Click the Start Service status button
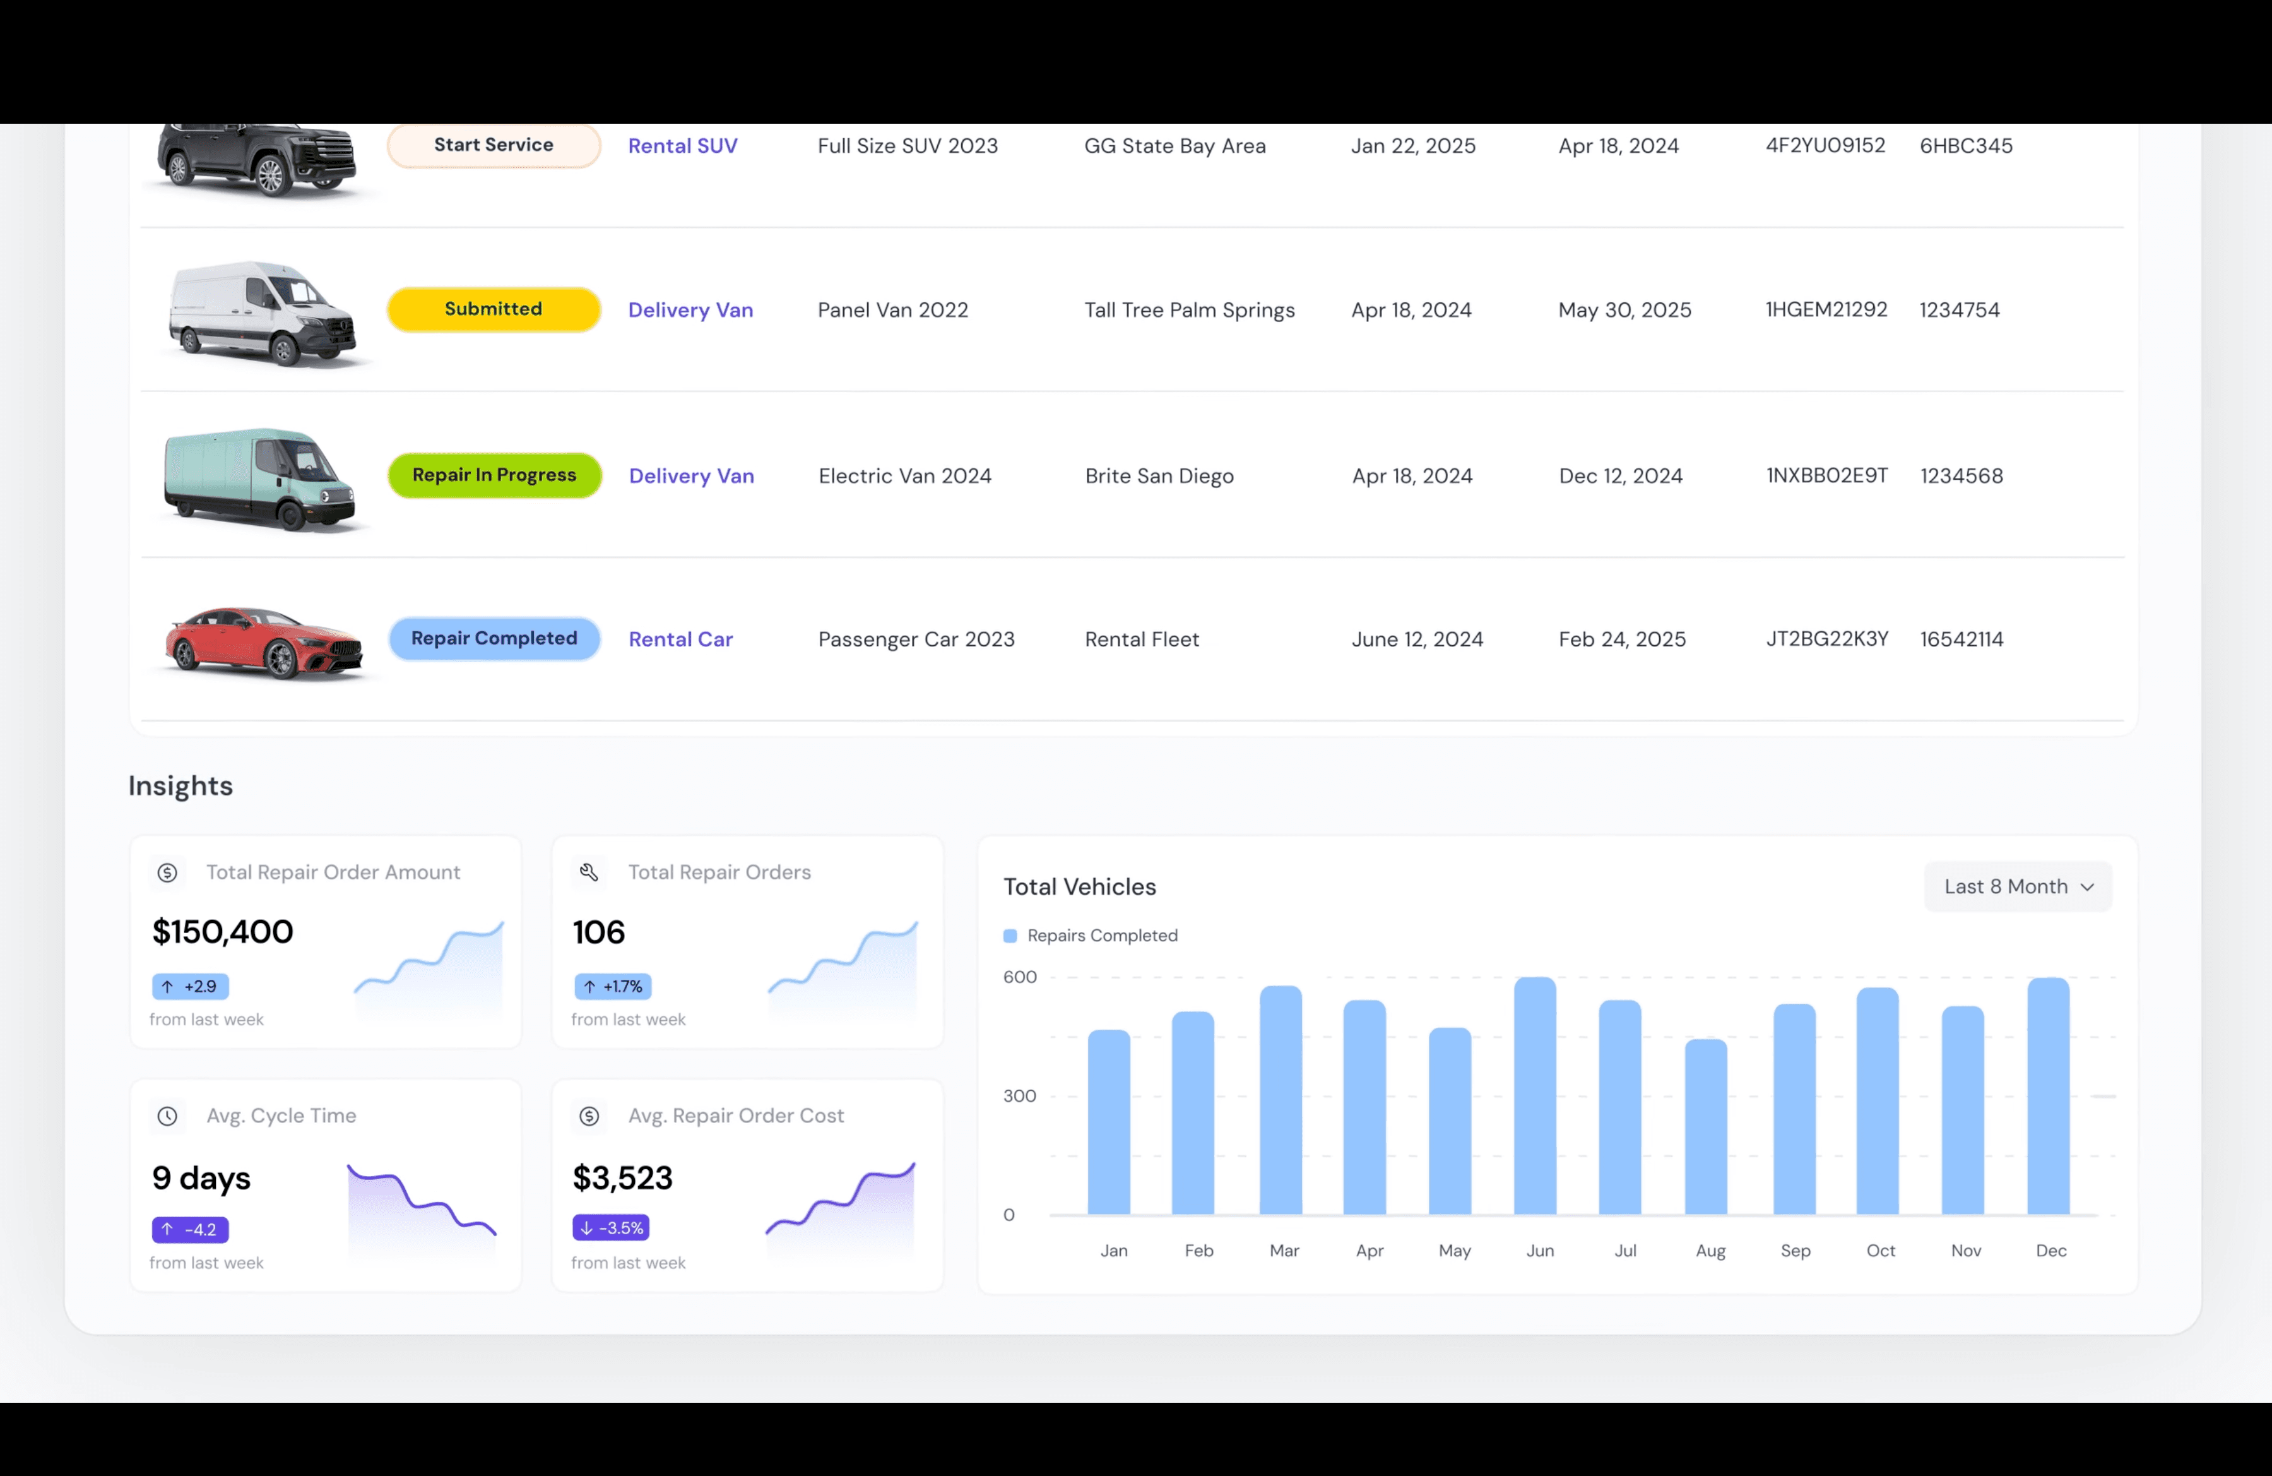point(494,145)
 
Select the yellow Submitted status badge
point(494,309)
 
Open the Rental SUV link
point(683,146)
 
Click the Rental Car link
point(680,640)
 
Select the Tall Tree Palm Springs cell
point(1190,310)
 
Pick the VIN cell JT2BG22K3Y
point(1827,639)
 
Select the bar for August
point(1706,1127)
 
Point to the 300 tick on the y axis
point(1019,1096)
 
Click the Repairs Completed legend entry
point(1091,936)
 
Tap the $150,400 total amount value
point(222,932)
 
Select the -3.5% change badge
point(611,1228)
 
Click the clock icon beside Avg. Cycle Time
point(167,1116)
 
